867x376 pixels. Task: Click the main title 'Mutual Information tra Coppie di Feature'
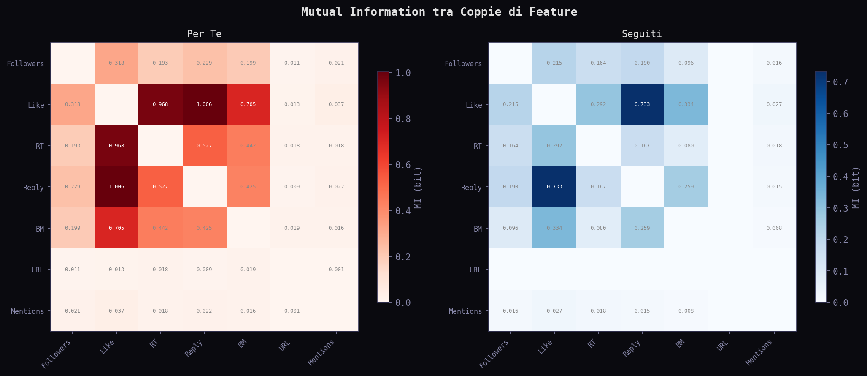(x=439, y=12)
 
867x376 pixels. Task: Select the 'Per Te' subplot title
(x=204, y=34)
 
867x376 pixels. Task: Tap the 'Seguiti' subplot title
(x=642, y=34)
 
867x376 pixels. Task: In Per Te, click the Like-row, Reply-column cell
(x=204, y=104)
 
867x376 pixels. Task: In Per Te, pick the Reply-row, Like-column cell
(x=116, y=187)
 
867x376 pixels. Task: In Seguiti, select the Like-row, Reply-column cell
(x=642, y=104)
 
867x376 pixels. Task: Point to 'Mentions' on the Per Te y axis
(x=27, y=311)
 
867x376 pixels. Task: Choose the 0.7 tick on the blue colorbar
(x=840, y=82)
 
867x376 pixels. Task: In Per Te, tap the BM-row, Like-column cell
(x=116, y=228)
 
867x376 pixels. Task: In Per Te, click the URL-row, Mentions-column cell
(x=336, y=270)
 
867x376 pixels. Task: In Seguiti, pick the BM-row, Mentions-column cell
(x=774, y=228)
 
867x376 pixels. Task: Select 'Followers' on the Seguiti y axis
(x=463, y=64)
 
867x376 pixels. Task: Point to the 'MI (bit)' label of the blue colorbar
(x=856, y=188)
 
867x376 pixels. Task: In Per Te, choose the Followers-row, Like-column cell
(x=116, y=63)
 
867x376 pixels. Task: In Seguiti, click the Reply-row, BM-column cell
(x=686, y=187)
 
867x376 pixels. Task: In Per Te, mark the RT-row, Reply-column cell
(x=204, y=146)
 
